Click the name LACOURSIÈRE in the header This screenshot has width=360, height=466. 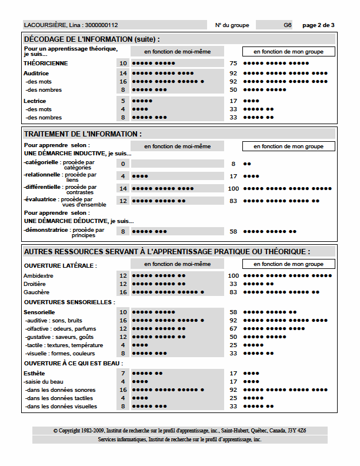[x=44, y=25]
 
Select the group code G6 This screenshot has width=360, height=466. [x=287, y=25]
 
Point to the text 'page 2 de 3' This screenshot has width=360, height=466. [x=318, y=25]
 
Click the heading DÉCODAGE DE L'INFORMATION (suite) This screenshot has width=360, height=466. [x=91, y=39]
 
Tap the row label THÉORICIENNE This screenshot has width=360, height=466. [x=45, y=63]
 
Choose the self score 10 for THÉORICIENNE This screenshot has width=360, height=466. [x=123, y=63]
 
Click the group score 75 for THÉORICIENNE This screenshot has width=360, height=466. [x=233, y=63]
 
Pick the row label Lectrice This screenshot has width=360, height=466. [x=35, y=101]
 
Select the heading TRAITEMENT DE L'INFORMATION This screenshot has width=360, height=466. [x=82, y=134]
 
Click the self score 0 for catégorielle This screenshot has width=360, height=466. [x=123, y=164]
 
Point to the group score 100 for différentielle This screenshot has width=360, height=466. [x=233, y=188]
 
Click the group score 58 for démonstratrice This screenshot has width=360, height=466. [x=233, y=232]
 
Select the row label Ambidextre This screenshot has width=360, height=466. [x=38, y=275]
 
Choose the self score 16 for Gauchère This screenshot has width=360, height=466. [x=123, y=292]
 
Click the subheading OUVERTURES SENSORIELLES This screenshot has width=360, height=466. [x=69, y=302]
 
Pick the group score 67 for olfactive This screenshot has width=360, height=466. [x=233, y=328]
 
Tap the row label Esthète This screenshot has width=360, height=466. [x=34, y=373]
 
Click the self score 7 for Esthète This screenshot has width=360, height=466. [x=123, y=373]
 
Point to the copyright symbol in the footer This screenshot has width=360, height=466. [x=55, y=431]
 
